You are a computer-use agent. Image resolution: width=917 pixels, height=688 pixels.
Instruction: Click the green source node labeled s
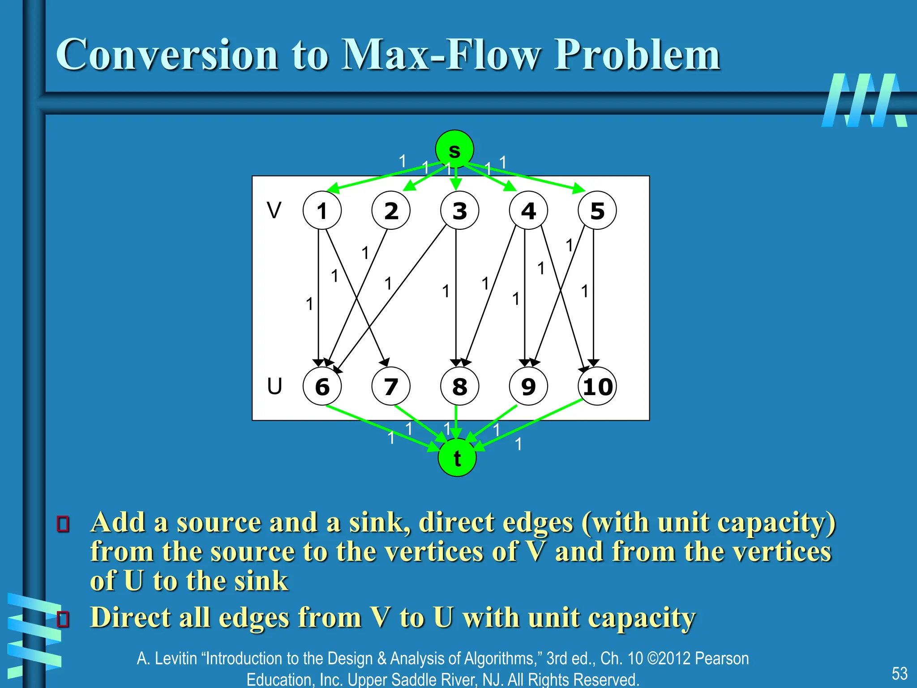(x=454, y=149)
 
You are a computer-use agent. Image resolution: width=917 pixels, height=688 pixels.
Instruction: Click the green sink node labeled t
(x=457, y=458)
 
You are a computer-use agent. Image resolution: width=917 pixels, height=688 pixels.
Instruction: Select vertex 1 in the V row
(x=322, y=211)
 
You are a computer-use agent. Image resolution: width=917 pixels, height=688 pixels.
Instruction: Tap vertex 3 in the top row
(x=459, y=211)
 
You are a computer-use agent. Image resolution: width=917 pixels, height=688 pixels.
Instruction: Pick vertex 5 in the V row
(x=597, y=211)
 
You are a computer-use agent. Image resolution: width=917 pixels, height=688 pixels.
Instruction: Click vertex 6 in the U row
(x=322, y=386)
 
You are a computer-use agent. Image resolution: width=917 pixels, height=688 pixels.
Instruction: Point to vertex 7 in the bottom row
(x=391, y=386)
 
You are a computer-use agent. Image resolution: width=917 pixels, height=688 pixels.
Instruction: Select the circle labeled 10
(x=597, y=386)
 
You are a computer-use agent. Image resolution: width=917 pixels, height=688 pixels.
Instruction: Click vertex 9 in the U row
(x=528, y=386)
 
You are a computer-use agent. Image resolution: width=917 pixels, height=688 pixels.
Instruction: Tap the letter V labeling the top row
(x=274, y=210)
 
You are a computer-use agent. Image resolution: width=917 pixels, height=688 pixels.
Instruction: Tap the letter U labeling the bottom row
(x=274, y=386)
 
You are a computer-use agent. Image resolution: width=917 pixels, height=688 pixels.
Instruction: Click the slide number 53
(x=900, y=673)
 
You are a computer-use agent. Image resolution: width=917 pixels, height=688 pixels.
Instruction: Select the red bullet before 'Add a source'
(x=63, y=524)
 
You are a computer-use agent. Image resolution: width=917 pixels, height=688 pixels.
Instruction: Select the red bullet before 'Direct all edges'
(x=63, y=619)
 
